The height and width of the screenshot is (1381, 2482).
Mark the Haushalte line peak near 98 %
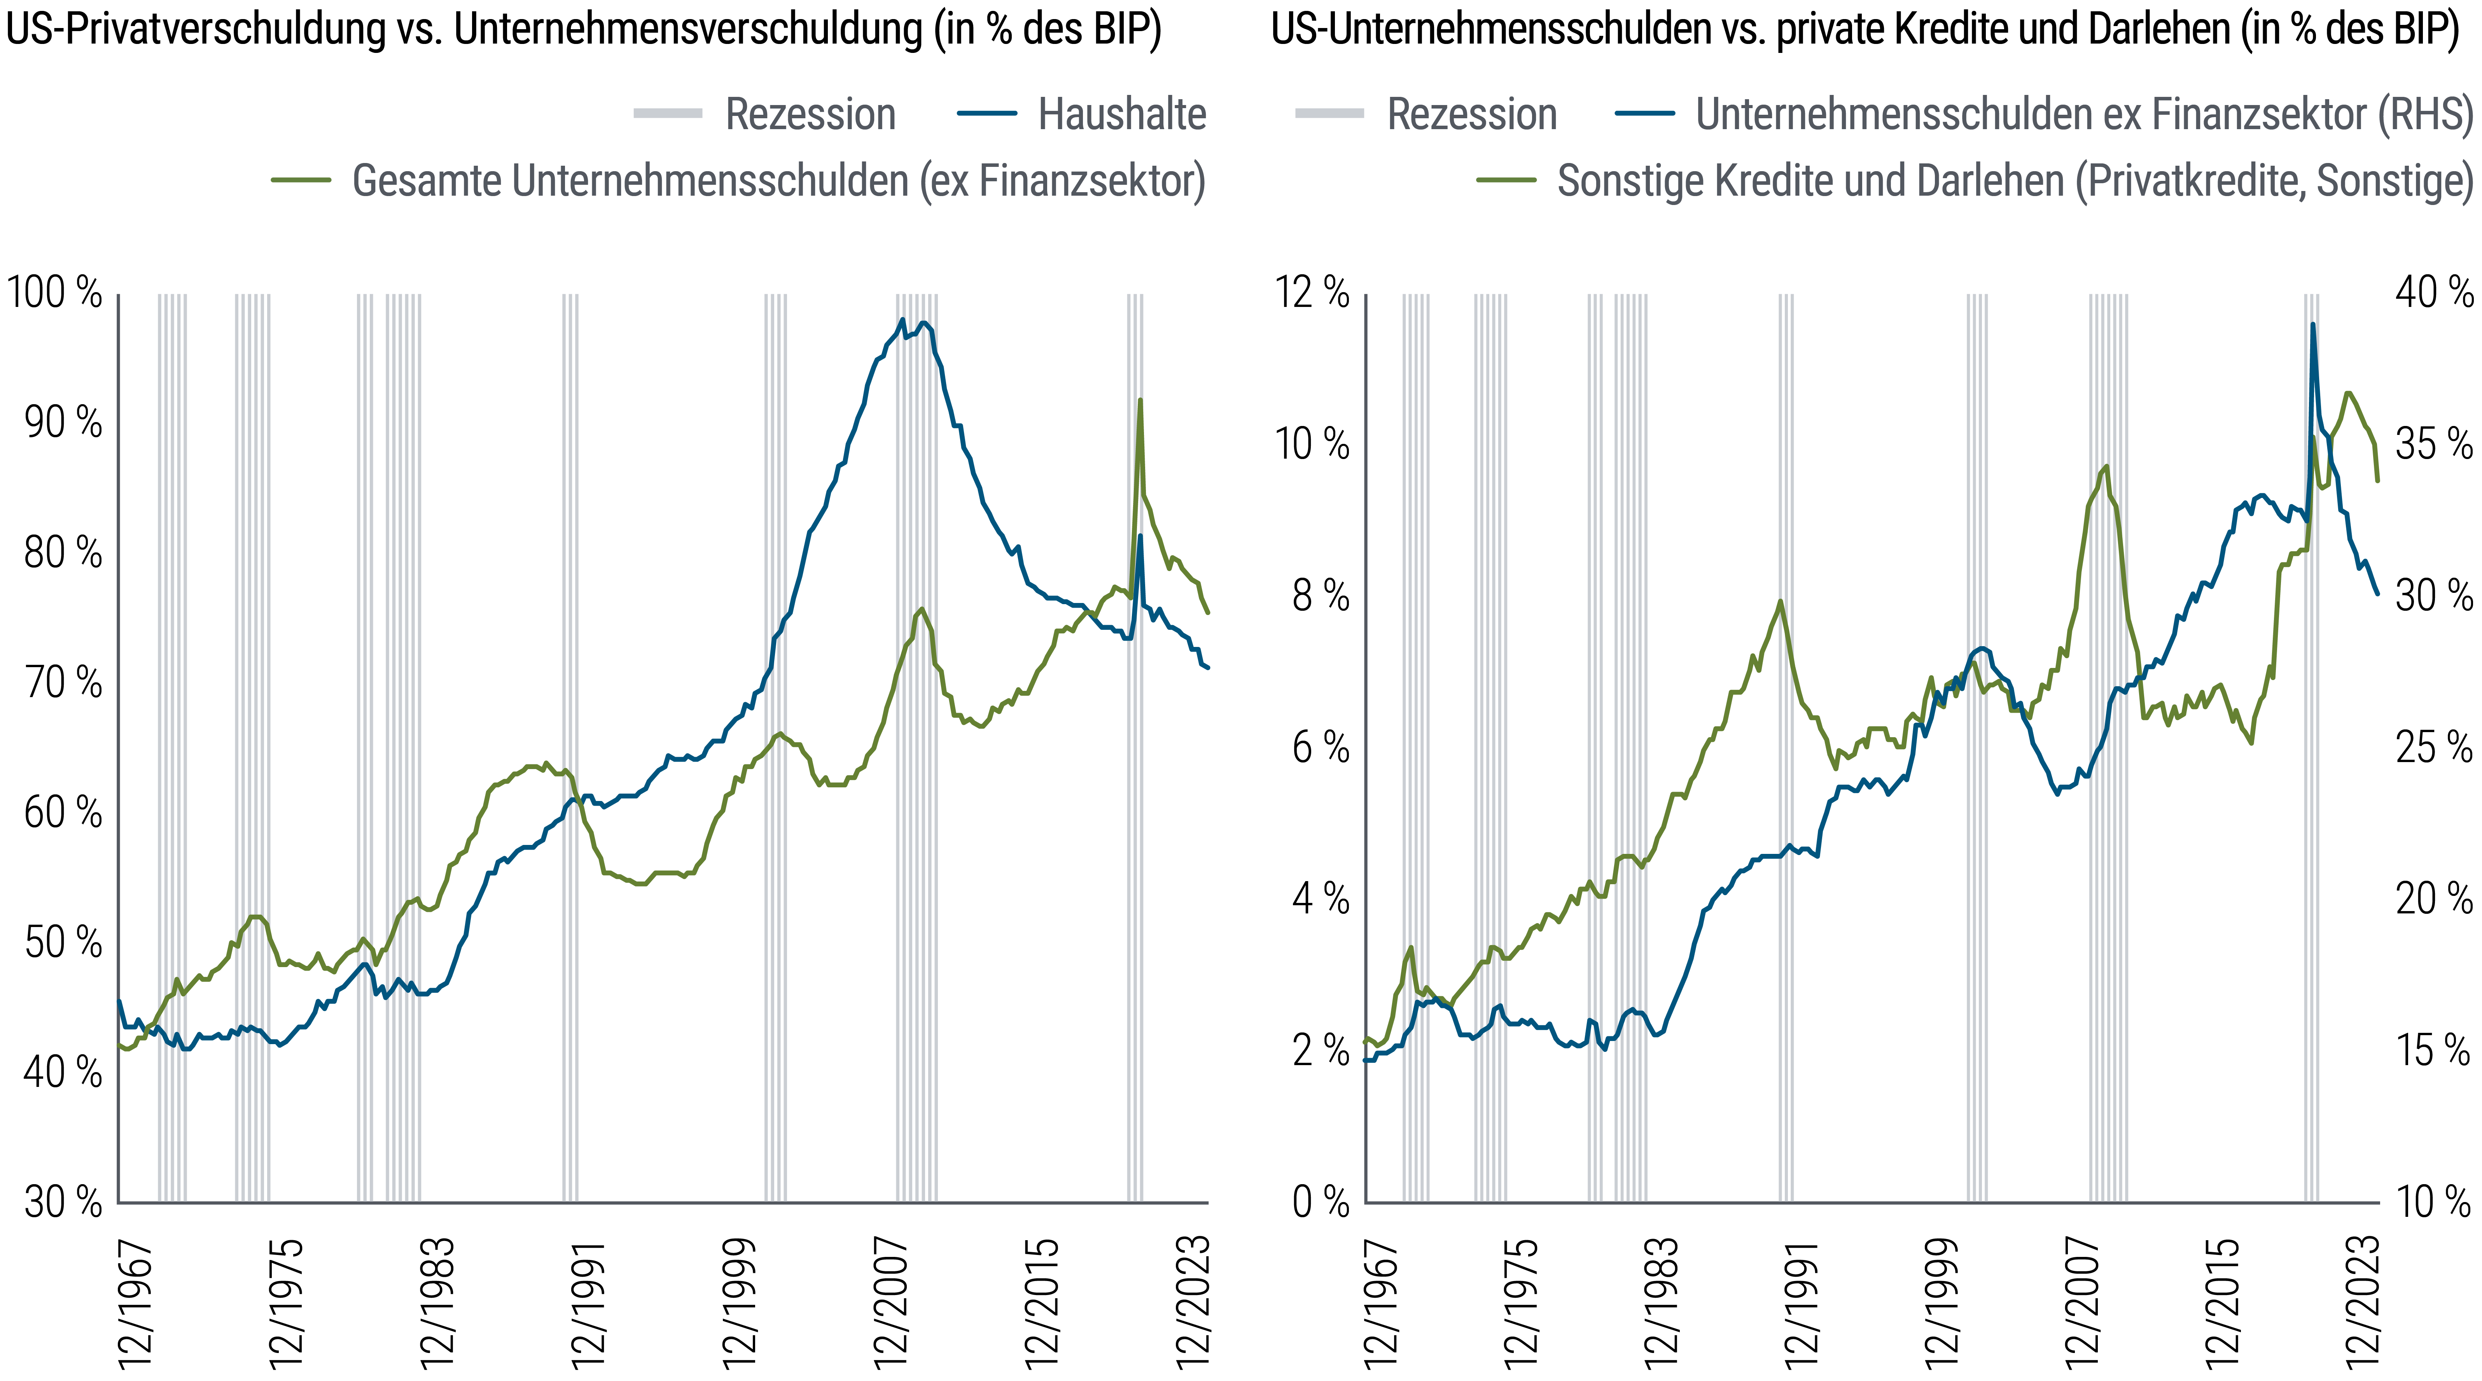(902, 320)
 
